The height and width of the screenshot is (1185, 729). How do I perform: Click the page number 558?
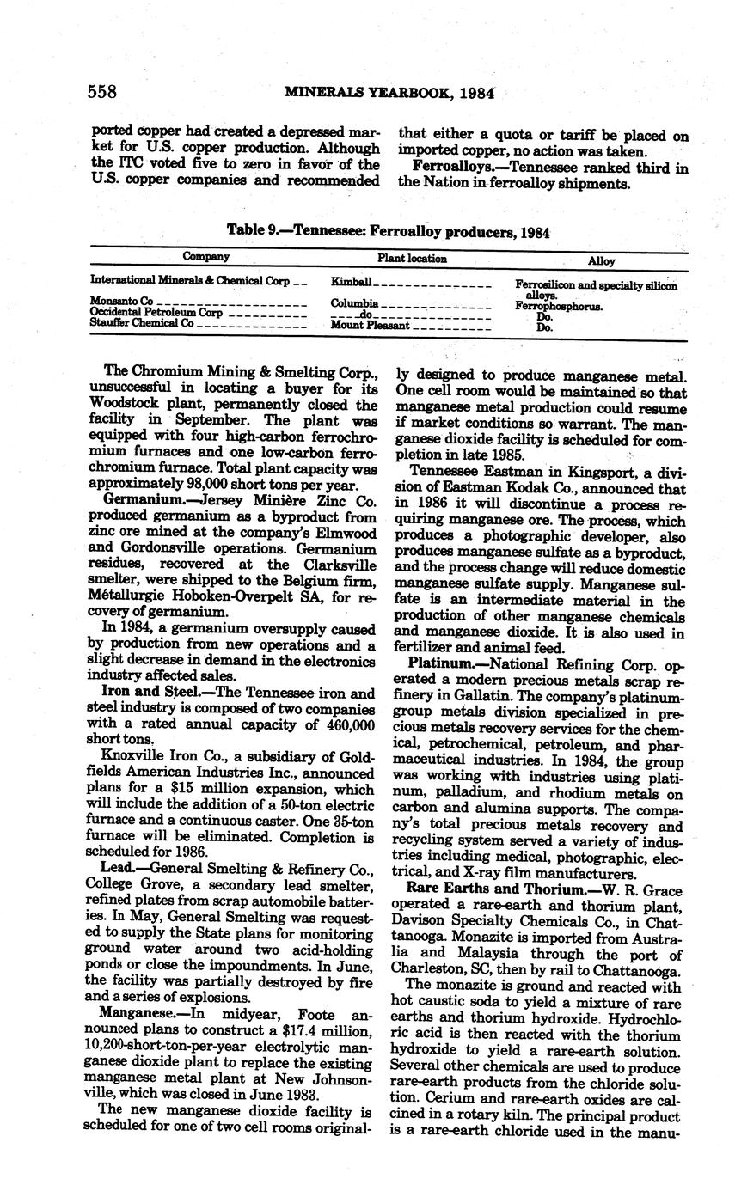pyautogui.click(x=104, y=92)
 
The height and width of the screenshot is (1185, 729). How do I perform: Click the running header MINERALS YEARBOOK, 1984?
pyautogui.click(x=389, y=93)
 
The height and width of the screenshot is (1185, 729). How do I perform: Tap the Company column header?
pyautogui.click(x=206, y=257)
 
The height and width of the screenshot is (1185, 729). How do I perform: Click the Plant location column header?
pyautogui.click(x=412, y=258)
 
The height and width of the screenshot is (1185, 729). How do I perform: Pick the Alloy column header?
pyautogui.click(x=601, y=260)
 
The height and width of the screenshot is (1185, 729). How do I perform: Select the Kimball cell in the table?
pyautogui.click(x=351, y=282)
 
